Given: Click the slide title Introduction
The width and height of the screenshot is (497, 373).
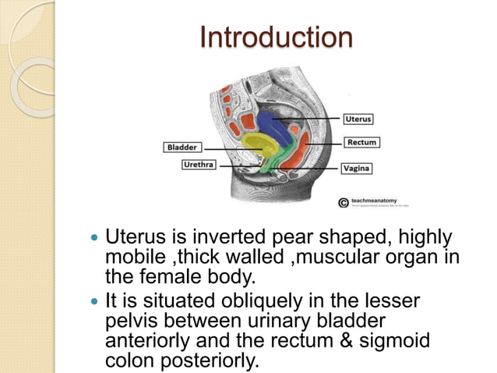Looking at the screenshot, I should click(276, 37).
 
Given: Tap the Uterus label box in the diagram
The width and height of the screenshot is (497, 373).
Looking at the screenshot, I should click(358, 119).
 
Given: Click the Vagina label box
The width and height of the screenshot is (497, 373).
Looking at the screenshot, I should click(358, 168).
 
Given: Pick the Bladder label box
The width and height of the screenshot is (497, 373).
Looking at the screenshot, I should click(182, 146).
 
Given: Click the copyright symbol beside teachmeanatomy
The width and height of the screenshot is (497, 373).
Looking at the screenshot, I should click(342, 202).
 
